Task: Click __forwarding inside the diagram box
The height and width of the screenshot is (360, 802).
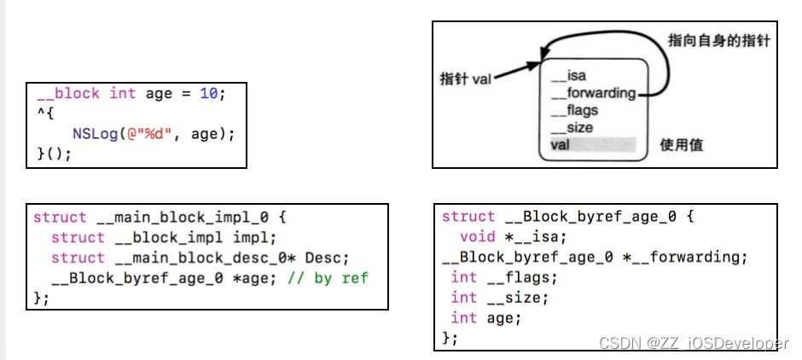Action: (x=593, y=93)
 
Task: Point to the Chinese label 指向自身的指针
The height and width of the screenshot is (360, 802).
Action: (x=719, y=39)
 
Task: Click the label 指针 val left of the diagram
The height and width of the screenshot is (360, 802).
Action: (x=466, y=78)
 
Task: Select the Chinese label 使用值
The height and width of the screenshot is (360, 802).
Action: (x=682, y=145)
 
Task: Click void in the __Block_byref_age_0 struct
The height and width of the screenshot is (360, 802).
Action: (x=477, y=236)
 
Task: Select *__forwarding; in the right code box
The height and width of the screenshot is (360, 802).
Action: (x=695, y=257)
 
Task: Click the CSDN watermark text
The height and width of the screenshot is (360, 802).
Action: (x=694, y=343)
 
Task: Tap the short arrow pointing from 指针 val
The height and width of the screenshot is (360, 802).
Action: (x=516, y=73)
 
